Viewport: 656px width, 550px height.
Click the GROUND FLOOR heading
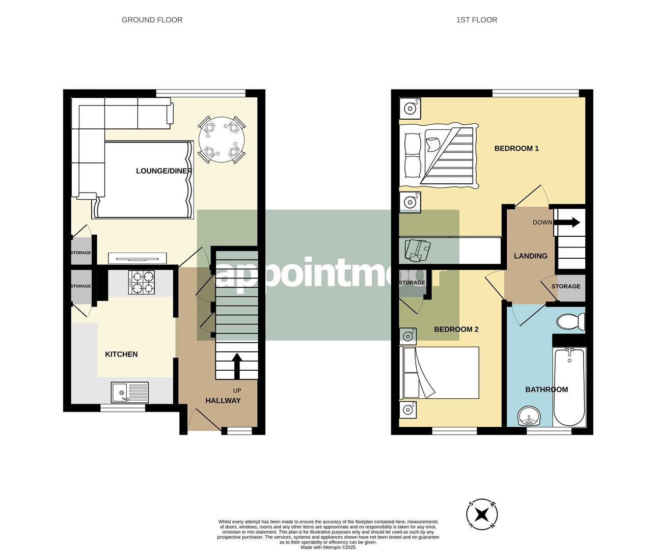pyautogui.click(x=152, y=20)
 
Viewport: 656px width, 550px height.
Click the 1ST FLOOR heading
pyautogui.click(x=476, y=20)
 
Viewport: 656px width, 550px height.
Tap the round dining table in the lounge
pyautogui.click(x=222, y=139)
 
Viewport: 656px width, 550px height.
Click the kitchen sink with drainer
pyautogui.click(x=129, y=392)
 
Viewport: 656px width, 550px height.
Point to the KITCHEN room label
pyautogui.click(x=121, y=354)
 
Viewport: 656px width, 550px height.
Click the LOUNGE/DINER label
pyautogui.click(x=163, y=171)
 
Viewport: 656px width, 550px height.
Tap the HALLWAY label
pyautogui.click(x=223, y=401)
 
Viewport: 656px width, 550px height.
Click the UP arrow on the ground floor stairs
pyautogui.click(x=236, y=366)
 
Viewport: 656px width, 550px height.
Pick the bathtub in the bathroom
pyautogui.click(x=570, y=387)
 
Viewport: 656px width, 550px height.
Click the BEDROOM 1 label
pyautogui.click(x=516, y=149)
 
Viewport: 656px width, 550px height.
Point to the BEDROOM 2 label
pyautogui.click(x=456, y=329)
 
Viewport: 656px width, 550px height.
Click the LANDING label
pyautogui.click(x=530, y=256)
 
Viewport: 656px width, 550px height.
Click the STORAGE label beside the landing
pyautogui.click(x=565, y=287)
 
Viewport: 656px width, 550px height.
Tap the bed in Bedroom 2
pyautogui.click(x=441, y=373)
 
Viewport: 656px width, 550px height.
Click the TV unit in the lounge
pyautogui.click(x=137, y=258)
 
